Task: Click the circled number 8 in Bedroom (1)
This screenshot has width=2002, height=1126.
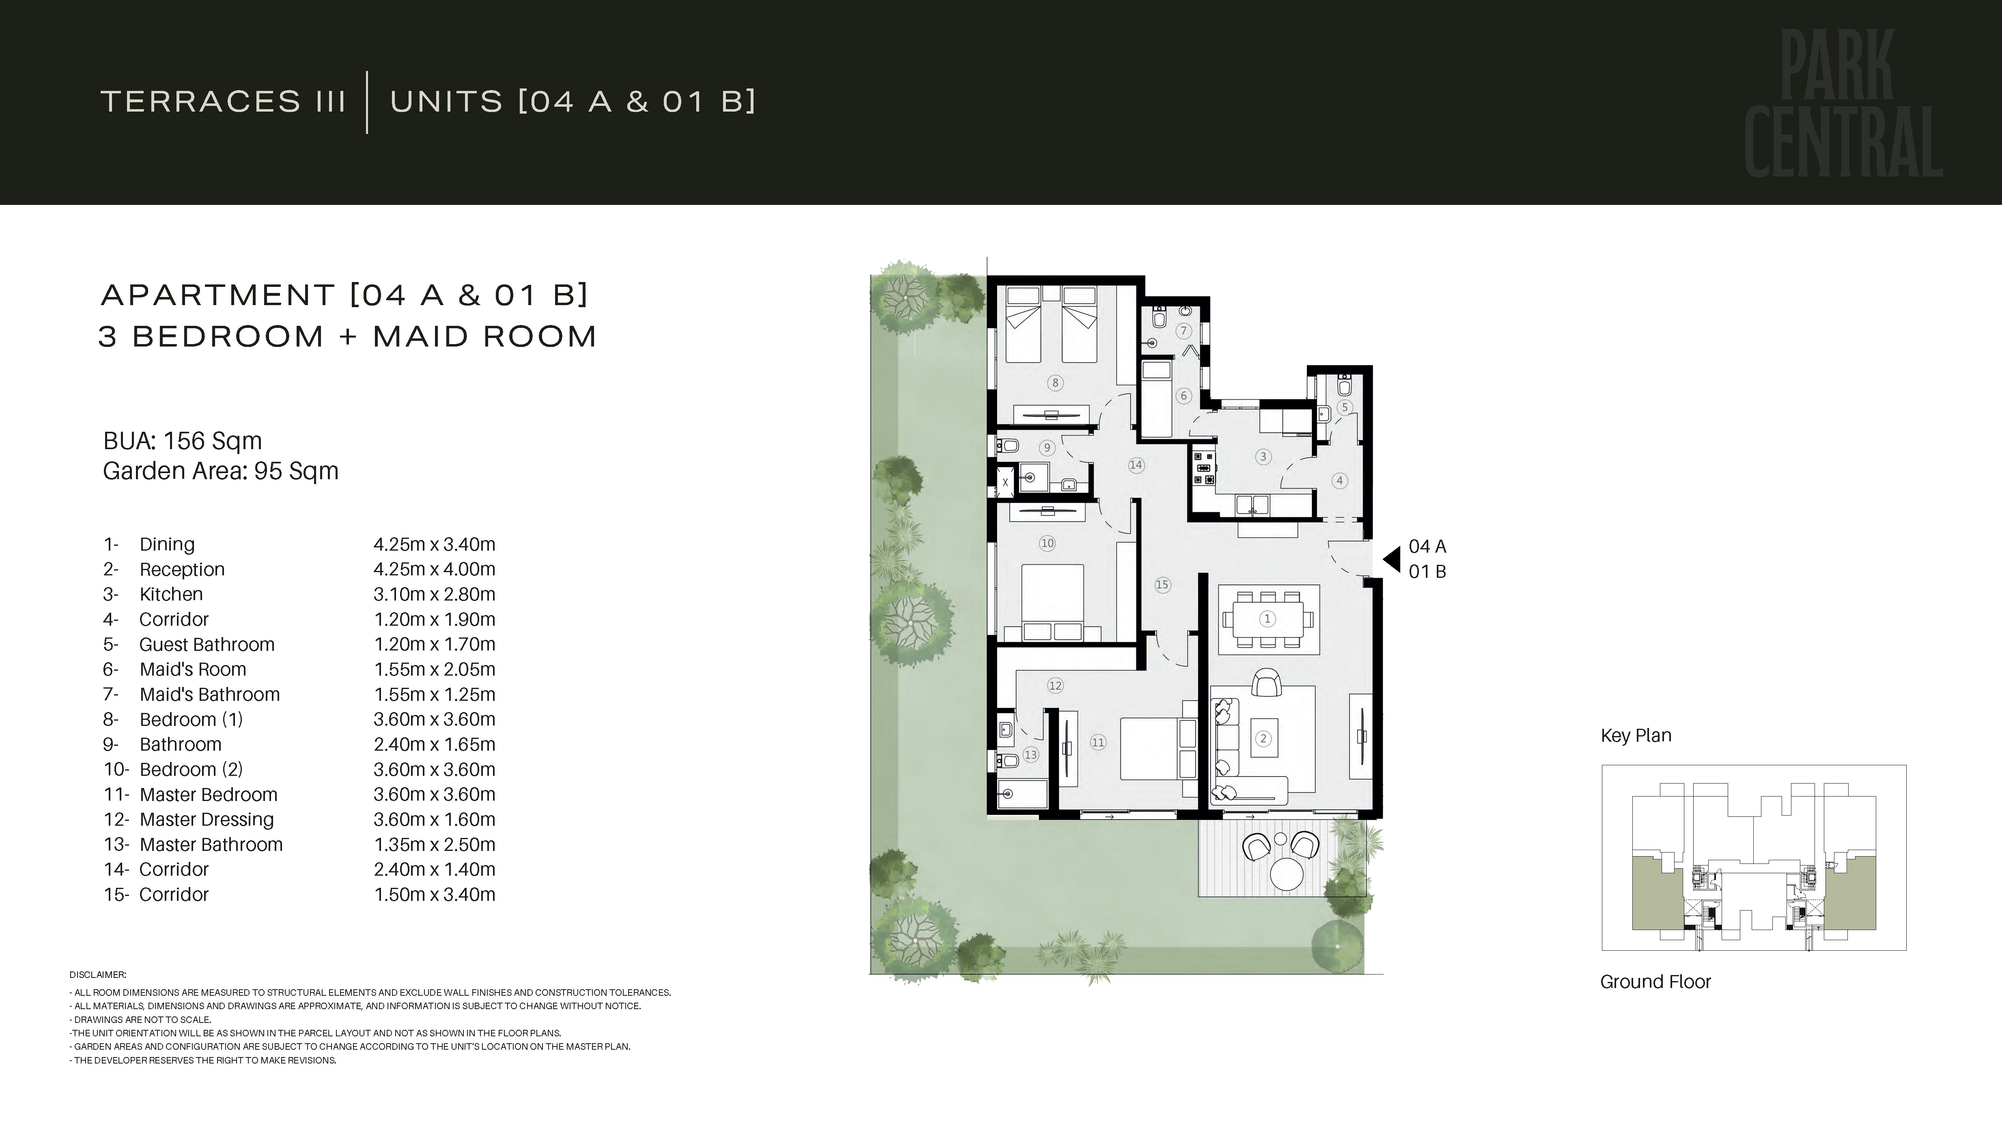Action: pos(1055,382)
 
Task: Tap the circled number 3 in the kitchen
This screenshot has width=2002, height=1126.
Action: pos(1263,457)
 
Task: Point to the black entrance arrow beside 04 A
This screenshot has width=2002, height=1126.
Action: pos(1392,559)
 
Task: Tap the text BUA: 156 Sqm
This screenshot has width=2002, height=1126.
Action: pos(183,441)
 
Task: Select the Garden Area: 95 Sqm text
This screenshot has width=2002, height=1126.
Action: pos(221,471)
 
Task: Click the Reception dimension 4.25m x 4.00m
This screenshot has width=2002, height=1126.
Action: pos(435,569)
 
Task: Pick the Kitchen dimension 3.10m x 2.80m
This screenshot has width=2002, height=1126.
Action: pos(435,594)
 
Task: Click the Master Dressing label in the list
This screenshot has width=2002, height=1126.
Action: pos(207,819)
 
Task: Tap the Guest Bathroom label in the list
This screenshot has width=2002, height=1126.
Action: pos(207,644)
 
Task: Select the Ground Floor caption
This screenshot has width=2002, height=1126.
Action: pos(1655,982)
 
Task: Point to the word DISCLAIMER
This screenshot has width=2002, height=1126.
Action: pos(97,975)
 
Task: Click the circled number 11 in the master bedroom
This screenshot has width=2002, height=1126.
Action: pos(1098,742)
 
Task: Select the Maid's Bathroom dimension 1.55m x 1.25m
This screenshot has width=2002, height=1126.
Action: pos(435,694)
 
